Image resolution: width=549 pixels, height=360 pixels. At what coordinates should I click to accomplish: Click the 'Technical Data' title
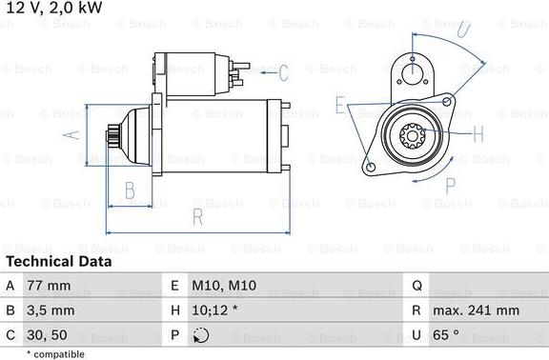(58, 261)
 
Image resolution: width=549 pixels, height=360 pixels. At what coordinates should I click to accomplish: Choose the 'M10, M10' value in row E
(225, 285)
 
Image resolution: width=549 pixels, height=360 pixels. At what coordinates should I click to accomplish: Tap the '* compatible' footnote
(55, 354)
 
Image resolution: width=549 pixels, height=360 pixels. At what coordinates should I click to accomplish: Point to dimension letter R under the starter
(197, 216)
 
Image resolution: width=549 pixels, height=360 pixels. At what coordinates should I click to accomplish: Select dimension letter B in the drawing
(131, 190)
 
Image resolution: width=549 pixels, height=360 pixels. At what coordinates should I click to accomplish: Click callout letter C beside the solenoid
(282, 71)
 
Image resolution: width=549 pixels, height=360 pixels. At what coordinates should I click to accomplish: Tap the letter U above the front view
(463, 29)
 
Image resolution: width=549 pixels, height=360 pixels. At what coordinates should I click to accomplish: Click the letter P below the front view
(451, 184)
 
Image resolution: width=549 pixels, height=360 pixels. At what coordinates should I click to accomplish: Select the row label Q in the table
(417, 285)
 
